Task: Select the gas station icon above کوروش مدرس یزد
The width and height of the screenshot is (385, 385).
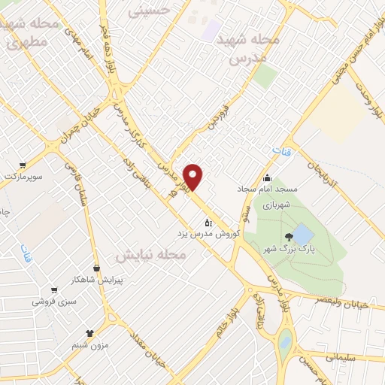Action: point(209,223)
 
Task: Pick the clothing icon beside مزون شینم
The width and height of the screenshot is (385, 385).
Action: point(90,332)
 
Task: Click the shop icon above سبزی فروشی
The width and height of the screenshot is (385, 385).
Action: point(53,290)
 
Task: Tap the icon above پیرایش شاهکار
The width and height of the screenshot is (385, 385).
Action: point(96,268)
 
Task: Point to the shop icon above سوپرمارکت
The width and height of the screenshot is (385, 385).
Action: point(23,165)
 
